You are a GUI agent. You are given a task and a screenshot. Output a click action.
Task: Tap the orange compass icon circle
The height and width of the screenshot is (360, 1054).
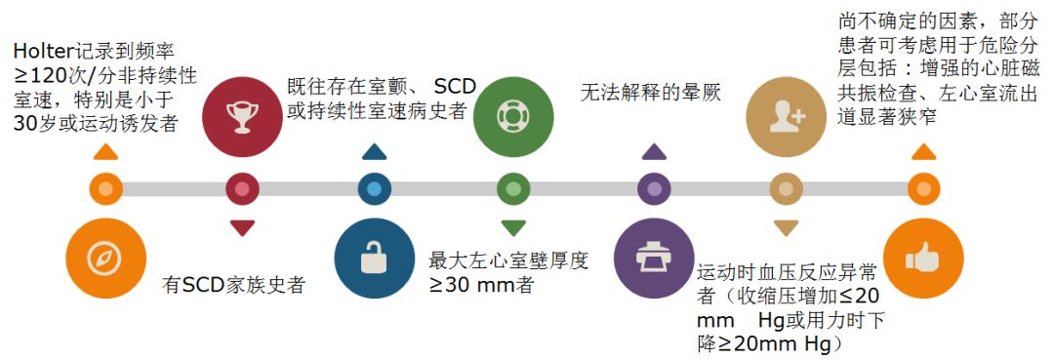point(104,259)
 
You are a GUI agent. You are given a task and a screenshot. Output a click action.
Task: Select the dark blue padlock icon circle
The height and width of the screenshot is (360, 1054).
point(374,259)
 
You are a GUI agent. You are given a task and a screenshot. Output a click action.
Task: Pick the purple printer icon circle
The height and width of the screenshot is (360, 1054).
point(651,259)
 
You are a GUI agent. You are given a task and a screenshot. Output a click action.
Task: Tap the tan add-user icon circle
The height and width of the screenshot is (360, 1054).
point(786,115)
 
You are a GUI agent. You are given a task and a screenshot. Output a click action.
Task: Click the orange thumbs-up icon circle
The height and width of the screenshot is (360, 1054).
point(922,259)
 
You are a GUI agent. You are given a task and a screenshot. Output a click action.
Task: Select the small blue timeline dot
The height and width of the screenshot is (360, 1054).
point(374,188)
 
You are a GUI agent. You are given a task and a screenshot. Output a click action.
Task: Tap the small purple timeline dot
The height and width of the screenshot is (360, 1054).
point(653,188)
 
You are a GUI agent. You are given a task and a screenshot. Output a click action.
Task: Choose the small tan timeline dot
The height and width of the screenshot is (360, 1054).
point(786,188)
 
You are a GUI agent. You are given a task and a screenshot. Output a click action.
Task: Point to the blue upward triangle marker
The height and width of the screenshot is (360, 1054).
point(374,152)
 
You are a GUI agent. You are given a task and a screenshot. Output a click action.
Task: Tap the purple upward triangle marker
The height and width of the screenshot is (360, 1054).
point(653,152)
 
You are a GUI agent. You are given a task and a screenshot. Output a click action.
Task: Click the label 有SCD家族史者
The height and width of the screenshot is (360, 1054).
point(233,285)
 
